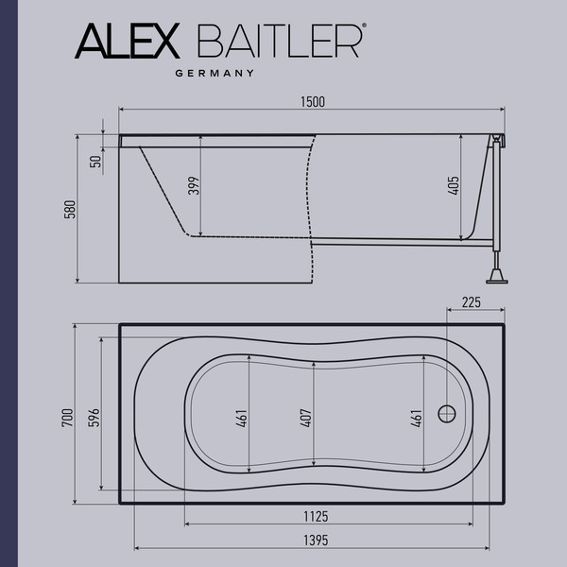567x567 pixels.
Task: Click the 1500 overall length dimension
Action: (309, 101)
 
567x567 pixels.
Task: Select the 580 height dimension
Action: (68, 209)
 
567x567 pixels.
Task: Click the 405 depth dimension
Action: (455, 185)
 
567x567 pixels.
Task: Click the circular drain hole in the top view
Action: (447, 413)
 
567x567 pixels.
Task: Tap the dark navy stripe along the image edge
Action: (4, 283)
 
